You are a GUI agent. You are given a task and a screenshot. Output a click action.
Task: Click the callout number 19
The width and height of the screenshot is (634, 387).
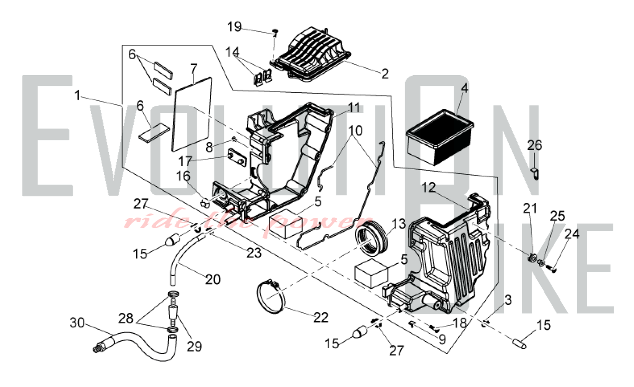[235, 27]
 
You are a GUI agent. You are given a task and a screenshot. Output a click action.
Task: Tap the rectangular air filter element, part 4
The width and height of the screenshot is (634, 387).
[439, 138]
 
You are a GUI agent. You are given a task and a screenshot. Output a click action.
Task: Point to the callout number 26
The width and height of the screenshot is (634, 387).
[534, 146]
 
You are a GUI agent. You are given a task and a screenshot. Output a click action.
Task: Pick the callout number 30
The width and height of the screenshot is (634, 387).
[77, 323]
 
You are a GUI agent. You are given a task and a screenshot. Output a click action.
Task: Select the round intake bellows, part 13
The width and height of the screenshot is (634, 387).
[371, 243]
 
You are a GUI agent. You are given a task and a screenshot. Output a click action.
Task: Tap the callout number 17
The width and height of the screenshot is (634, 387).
[185, 161]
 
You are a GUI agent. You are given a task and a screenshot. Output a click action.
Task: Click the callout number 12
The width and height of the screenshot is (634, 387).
[429, 188]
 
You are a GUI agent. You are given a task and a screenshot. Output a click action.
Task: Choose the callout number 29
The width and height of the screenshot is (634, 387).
[194, 346]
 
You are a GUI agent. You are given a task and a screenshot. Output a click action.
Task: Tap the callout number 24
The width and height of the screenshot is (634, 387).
[572, 234]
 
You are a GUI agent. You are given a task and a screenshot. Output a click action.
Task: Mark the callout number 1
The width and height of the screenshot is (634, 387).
[77, 95]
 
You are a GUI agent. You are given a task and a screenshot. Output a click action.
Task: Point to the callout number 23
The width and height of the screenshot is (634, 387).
[254, 253]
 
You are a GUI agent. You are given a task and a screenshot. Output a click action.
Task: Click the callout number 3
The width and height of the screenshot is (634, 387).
[508, 300]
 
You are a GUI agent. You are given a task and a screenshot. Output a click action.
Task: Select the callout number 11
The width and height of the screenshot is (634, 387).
[354, 108]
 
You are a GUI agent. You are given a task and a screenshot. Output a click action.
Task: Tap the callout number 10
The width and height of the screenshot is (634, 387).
[355, 131]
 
